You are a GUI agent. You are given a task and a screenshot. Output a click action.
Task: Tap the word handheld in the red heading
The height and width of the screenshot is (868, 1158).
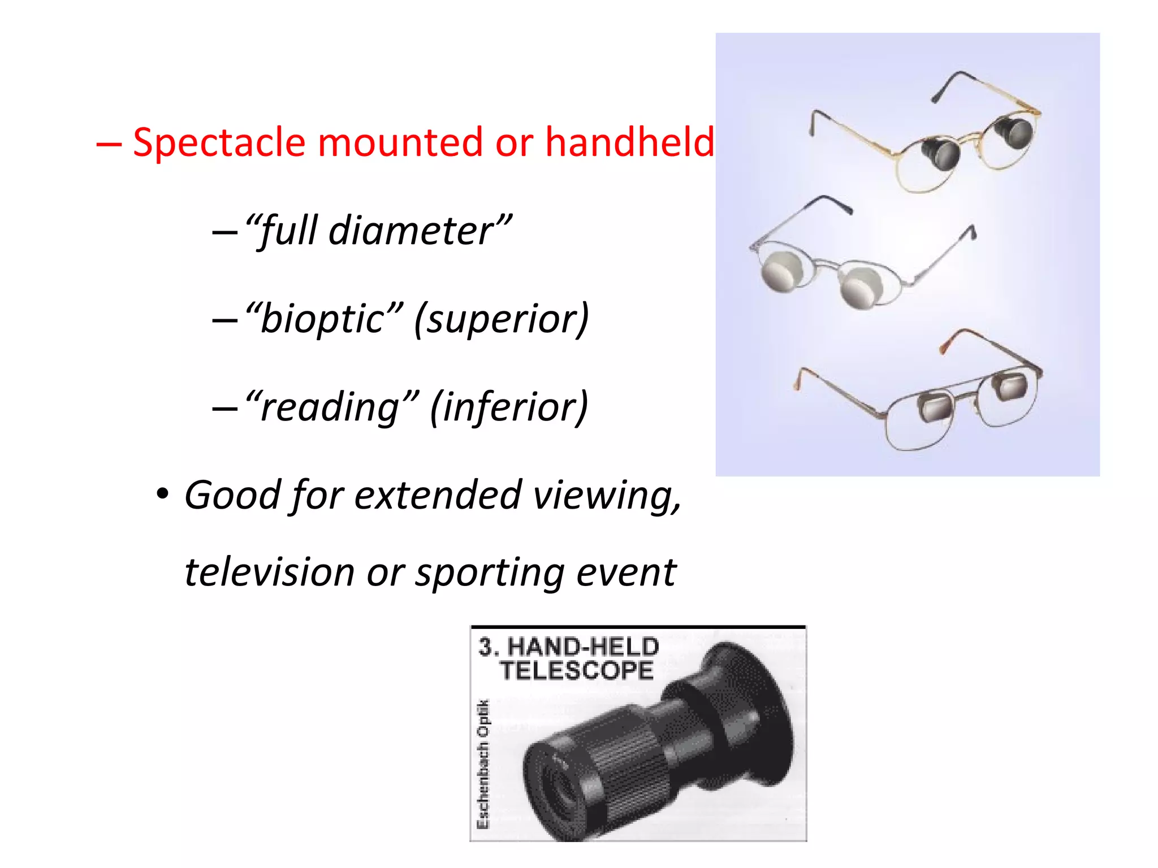coord(629,142)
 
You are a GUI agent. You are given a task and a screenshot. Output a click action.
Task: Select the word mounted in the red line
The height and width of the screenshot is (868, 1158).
coord(401,142)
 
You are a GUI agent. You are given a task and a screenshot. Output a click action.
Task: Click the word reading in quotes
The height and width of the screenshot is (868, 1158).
coord(331,406)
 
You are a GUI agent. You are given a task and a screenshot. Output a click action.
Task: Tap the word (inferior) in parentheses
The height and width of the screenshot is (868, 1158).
coord(509,407)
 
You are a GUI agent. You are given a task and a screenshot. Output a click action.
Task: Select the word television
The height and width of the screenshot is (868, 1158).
coord(269,572)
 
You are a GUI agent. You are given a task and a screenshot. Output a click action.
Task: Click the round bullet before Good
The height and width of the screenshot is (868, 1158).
coord(163,494)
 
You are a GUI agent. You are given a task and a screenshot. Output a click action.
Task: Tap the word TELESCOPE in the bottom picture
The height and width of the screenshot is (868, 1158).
coord(576,671)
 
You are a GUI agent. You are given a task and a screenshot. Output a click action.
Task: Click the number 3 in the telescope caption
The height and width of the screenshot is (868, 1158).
coord(485,646)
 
